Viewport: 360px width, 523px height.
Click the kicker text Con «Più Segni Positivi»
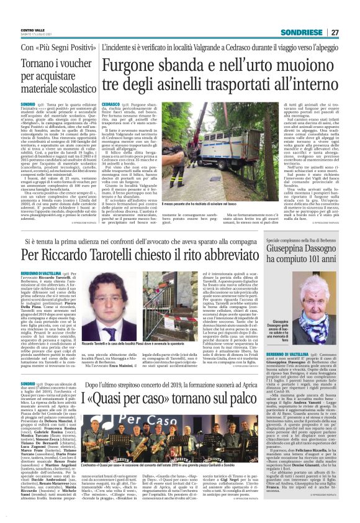[55, 47]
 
